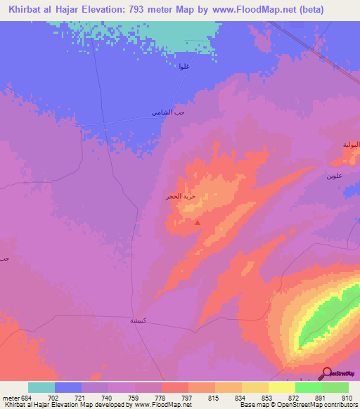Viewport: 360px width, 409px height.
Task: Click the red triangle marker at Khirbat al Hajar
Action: (x=197, y=223)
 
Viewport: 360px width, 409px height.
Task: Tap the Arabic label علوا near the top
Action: (x=184, y=67)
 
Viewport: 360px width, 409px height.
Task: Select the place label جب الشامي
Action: (x=167, y=112)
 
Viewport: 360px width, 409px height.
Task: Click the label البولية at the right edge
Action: (x=351, y=144)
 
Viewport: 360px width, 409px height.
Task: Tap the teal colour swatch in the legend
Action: (x=41, y=387)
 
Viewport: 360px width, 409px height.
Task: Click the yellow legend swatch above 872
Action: (x=281, y=387)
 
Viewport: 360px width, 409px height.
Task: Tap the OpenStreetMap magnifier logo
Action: (x=326, y=373)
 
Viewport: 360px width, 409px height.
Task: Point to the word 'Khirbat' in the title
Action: (x=28, y=10)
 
